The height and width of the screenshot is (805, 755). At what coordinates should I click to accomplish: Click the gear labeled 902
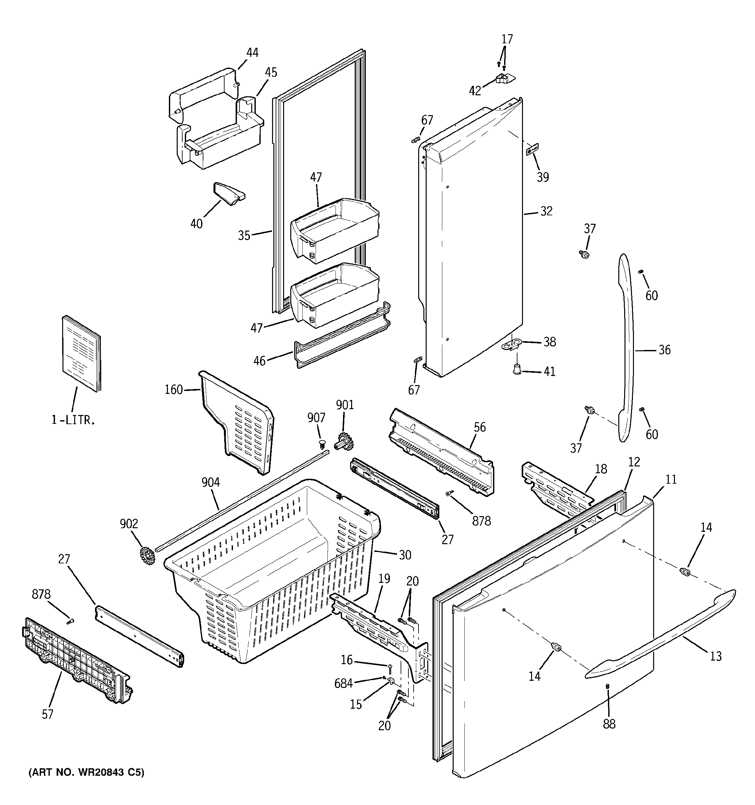coord(147,556)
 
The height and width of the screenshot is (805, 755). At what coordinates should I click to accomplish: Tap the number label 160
coord(173,390)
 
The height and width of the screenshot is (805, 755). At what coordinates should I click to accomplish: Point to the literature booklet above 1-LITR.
coord(81,353)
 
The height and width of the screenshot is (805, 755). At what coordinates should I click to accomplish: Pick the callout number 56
coord(479,427)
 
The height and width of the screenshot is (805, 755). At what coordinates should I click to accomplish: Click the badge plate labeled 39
coord(532,149)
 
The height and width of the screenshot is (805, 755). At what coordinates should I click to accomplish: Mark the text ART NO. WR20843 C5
coord(86,772)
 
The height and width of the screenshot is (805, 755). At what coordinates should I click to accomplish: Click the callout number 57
coord(48,714)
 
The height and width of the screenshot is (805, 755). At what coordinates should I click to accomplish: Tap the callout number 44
coord(252,53)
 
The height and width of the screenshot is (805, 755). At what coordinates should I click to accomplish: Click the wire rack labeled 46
coord(340,344)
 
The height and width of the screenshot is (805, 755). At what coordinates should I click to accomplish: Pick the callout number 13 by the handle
coord(716,645)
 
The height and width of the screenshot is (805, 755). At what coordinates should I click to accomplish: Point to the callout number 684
coord(343,683)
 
